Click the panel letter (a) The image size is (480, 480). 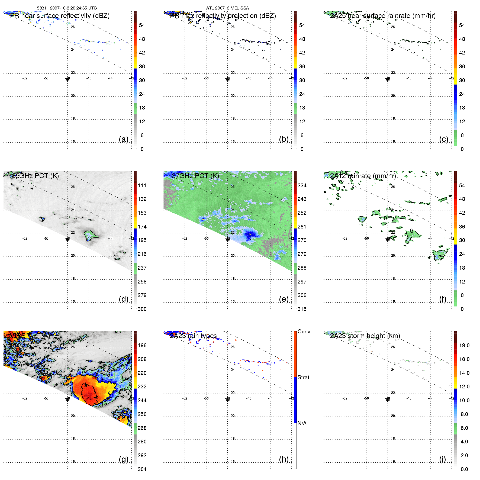(x=124, y=139)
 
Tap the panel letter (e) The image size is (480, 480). (x=284, y=299)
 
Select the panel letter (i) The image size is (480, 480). (x=442, y=459)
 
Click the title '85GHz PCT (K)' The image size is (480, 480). (x=36, y=176)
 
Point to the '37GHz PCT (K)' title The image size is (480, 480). (x=195, y=176)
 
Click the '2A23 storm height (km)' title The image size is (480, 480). (x=365, y=336)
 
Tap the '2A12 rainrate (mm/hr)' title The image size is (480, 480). (x=363, y=176)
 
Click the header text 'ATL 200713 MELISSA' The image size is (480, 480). (x=227, y=8)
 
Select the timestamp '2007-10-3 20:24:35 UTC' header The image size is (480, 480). (x=73, y=8)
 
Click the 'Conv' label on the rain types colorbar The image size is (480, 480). (x=304, y=331)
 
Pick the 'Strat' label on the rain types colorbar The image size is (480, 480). (x=303, y=377)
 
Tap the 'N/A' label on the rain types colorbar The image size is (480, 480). (x=302, y=423)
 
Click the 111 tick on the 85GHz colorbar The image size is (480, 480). (x=142, y=185)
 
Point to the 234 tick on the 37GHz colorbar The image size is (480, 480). (x=302, y=185)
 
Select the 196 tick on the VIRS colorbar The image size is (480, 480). (x=142, y=345)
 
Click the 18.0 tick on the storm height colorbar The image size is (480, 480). (x=464, y=345)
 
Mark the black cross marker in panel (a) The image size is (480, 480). (x=67, y=79)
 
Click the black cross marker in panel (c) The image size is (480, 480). (x=388, y=79)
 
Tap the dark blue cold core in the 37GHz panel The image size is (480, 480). (x=250, y=234)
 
